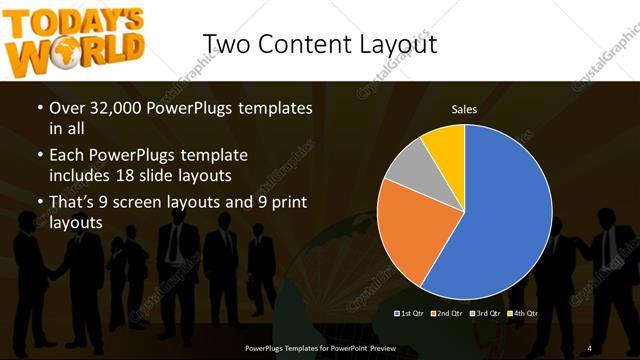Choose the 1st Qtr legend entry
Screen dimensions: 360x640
[409, 314]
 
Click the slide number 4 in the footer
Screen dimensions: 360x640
[589, 347]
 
